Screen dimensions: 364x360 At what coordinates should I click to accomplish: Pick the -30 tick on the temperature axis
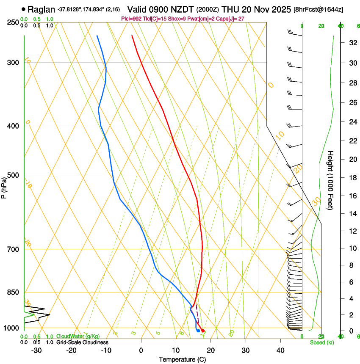pos(36,350)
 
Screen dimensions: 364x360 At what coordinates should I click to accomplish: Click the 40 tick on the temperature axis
pos(280,350)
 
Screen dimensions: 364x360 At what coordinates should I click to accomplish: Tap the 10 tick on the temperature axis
pos(176,350)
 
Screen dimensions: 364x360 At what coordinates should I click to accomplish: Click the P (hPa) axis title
pos(4,186)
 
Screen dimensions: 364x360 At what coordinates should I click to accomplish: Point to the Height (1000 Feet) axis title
pos(330,180)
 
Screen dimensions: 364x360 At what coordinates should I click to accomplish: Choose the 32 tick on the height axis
pos(352,43)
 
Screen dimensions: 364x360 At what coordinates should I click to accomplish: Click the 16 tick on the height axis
pos(352,196)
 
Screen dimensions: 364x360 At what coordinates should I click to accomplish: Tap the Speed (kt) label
pos(321,342)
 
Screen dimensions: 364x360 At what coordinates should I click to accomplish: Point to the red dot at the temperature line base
pos(203,331)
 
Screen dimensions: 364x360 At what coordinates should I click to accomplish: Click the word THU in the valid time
pos(231,9)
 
